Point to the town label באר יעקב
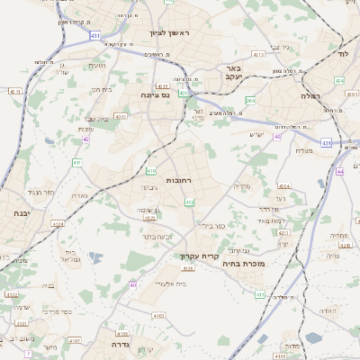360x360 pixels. [234, 73]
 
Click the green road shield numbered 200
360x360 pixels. [250, 101]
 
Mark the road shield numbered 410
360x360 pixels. [151, 170]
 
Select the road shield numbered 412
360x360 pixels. [190, 203]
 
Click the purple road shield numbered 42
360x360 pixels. [85, 139]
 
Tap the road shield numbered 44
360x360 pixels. [340, 171]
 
